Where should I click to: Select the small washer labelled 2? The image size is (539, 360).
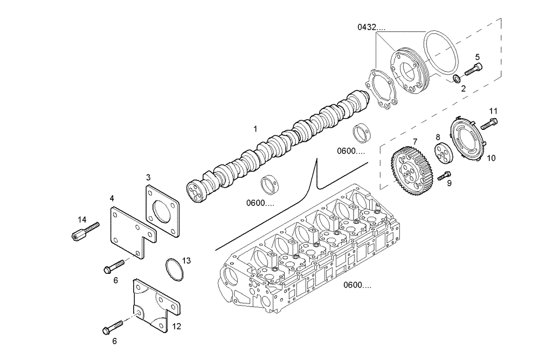[x=457, y=80]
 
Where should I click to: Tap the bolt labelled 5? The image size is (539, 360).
[x=473, y=70]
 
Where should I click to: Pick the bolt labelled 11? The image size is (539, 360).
[x=488, y=124]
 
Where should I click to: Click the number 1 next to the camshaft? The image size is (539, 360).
[x=255, y=129]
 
